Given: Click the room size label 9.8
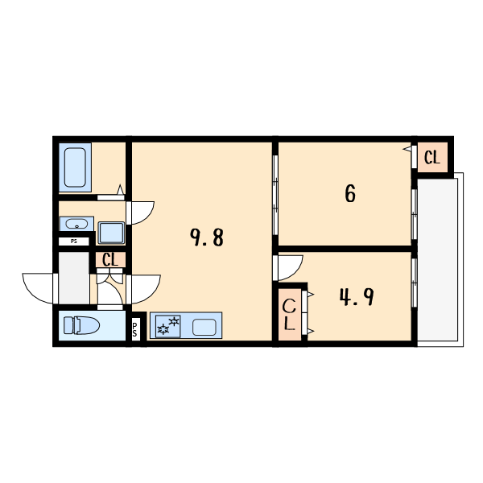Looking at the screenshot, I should pyautogui.click(x=206, y=237).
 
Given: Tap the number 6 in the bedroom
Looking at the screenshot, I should pyautogui.click(x=350, y=194).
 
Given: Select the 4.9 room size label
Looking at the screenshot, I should pyautogui.click(x=355, y=298).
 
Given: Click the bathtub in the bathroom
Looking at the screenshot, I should pyautogui.click(x=76, y=167).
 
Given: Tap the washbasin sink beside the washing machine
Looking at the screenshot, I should pyautogui.click(x=77, y=223).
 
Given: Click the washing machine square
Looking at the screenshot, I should pyautogui.click(x=111, y=232).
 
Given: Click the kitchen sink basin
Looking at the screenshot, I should pyautogui.click(x=204, y=327).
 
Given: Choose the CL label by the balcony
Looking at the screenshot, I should pyautogui.click(x=432, y=158).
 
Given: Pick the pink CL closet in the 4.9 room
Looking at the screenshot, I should pyautogui.click(x=290, y=315).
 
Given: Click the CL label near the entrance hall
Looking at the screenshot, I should pyautogui.click(x=110, y=260).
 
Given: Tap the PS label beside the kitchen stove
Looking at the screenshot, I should pyautogui.click(x=134, y=327).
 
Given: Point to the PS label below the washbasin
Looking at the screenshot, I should pyautogui.click(x=75, y=241).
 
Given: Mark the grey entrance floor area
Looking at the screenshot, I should pyautogui.click(x=74, y=278).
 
